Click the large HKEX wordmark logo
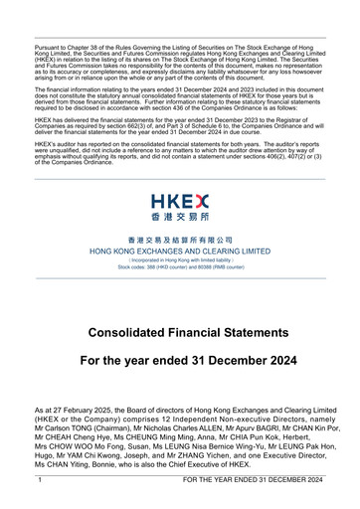pyautogui.click(x=179, y=198)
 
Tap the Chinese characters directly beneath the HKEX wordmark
pyautogui.click(x=179, y=216)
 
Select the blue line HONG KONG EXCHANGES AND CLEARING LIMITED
pyautogui.click(x=180, y=252)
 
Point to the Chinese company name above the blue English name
pyautogui.click(x=180, y=240)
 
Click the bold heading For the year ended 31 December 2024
pyautogui.click(x=180, y=360)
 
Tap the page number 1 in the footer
pyautogui.click(x=39, y=479)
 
